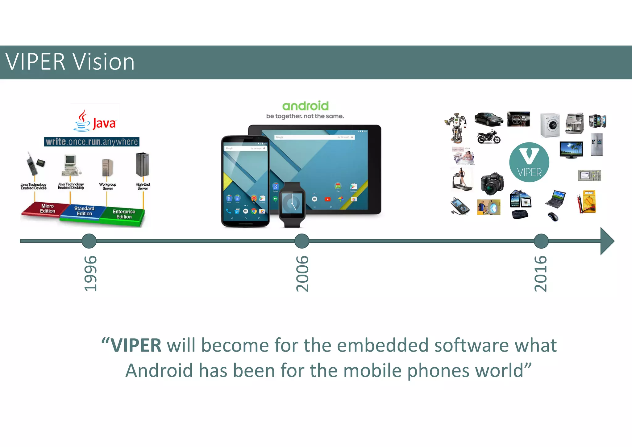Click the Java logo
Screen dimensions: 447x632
(x=95, y=121)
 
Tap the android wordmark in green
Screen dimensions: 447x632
(x=305, y=106)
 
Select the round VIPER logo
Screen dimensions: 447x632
(x=529, y=162)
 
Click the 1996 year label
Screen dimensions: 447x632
(x=90, y=273)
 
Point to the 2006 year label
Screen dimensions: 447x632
(x=302, y=273)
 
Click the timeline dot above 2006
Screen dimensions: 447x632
(x=302, y=241)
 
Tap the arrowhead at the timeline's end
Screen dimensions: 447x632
(x=607, y=241)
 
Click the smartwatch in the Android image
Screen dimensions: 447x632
(x=292, y=204)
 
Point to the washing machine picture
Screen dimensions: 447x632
(x=550, y=125)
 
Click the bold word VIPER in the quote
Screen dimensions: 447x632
(x=136, y=345)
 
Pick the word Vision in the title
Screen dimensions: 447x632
(x=104, y=62)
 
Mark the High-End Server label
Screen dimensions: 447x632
(x=143, y=186)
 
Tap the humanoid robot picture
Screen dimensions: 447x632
(x=456, y=128)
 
